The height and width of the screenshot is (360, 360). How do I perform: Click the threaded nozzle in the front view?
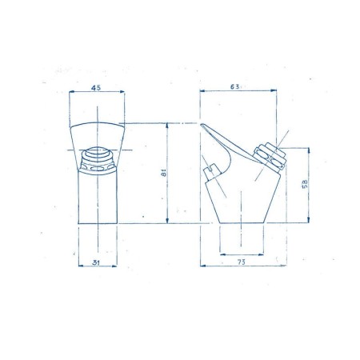tap(99, 158)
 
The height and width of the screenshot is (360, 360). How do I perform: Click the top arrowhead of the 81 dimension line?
tap(166, 126)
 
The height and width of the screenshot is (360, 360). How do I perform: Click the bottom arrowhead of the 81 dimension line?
tap(166, 222)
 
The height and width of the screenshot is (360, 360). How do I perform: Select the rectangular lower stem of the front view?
tap(99, 200)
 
